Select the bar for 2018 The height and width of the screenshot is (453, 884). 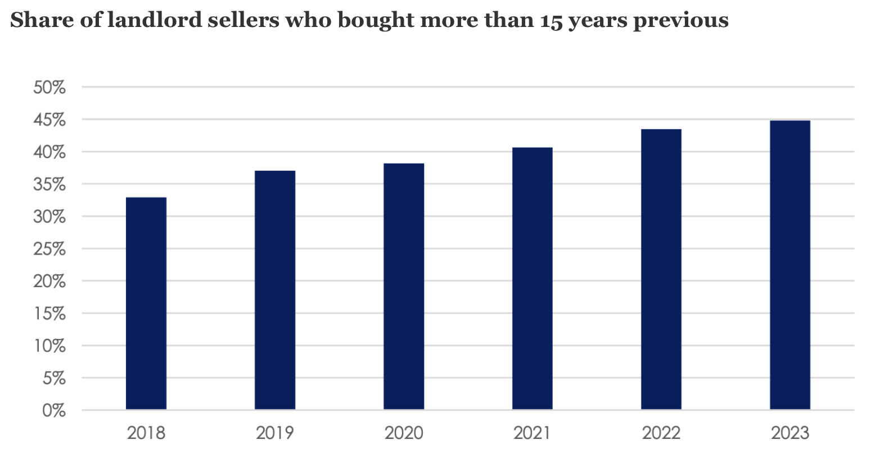pyautogui.click(x=146, y=303)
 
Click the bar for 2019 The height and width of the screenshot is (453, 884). pyautogui.click(x=274, y=290)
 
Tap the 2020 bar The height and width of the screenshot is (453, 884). pyautogui.click(x=403, y=286)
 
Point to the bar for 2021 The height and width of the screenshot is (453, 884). pyautogui.click(x=532, y=278)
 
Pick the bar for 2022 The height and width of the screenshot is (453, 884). pyautogui.click(x=661, y=269)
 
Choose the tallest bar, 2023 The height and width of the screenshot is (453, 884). pyautogui.click(x=790, y=265)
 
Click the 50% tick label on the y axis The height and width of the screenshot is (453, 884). pyautogui.click(x=49, y=88)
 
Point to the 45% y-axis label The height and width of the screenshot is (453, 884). pyautogui.click(x=49, y=120)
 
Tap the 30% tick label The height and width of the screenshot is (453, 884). pyautogui.click(x=49, y=217)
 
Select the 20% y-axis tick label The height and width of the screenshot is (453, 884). pyautogui.click(x=49, y=282)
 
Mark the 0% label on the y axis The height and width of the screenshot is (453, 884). pyautogui.click(x=54, y=411)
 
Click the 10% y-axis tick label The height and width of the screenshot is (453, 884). pyautogui.click(x=49, y=346)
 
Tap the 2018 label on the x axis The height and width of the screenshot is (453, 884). pyautogui.click(x=146, y=433)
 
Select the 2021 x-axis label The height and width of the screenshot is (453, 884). pyautogui.click(x=532, y=433)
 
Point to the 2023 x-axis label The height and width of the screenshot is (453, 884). pyautogui.click(x=790, y=433)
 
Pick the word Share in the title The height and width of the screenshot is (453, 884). pyautogui.click(x=34, y=20)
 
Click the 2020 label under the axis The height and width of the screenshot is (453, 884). pyautogui.click(x=403, y=433)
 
